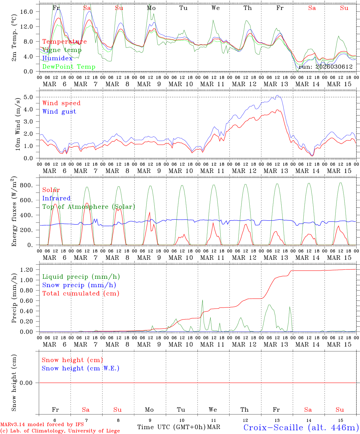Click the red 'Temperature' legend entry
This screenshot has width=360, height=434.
point(65,42)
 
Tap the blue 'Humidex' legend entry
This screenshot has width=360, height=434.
point(57,58)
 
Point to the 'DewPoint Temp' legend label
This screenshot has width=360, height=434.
point(69,67)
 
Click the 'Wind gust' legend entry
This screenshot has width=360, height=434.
point(59,112)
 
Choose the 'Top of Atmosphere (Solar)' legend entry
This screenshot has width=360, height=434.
point(89,207)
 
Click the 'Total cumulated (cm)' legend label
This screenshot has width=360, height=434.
point(81,294)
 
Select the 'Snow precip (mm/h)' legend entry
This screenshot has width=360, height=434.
point(79,285)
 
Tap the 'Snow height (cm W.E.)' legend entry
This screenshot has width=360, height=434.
point(81,368)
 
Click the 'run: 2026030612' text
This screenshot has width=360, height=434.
point(325,67)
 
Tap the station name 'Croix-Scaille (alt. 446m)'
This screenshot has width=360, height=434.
point(301,427)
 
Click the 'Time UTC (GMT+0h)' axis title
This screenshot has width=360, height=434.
point(172,427)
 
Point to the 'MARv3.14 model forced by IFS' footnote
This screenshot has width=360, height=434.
point(42,425)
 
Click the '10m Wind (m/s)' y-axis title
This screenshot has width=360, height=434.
point(18,124)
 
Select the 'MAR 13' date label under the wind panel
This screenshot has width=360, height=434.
point(276,171)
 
